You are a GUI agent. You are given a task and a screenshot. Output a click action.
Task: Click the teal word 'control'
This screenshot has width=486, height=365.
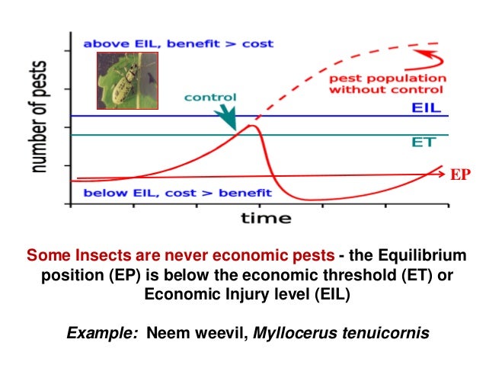(x=210, y=98)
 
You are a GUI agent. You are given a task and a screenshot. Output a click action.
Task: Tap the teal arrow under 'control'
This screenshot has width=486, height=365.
(x=227, y=117)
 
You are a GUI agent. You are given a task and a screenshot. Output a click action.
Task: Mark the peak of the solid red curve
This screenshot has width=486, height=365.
(x=251, y=125)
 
